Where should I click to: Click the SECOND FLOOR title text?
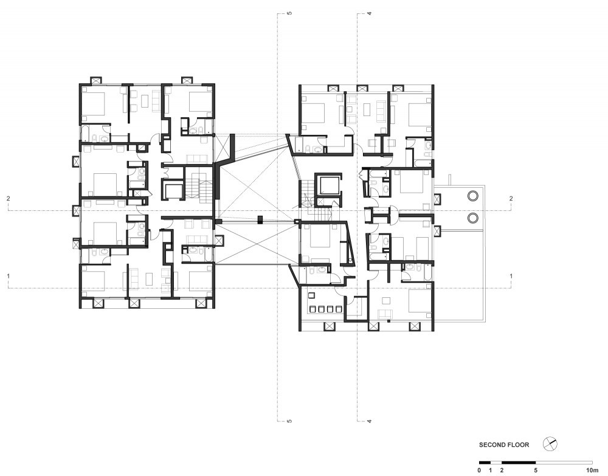(x=503, y=444)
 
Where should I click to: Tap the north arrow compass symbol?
(x=550, y=444)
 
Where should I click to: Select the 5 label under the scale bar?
(x=536, y=471)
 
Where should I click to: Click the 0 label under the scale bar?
(x=479, y=471)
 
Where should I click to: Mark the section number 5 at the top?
(x=289, y=13)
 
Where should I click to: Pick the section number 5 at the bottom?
(x=289, y=421)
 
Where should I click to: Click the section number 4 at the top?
(x=370, y=13)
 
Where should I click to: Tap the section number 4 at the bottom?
(x=370, y=421)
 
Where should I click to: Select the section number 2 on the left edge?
(x=8, y=199)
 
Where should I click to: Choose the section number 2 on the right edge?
(x=511, y=199)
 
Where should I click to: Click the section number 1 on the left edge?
(x=8, y=276)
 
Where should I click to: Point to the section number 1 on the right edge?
(x=511, y=276)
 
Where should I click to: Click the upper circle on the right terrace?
(x=472, y=196)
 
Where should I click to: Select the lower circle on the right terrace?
(x=472, y=218)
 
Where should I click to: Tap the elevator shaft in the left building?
(x=173, y=190)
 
